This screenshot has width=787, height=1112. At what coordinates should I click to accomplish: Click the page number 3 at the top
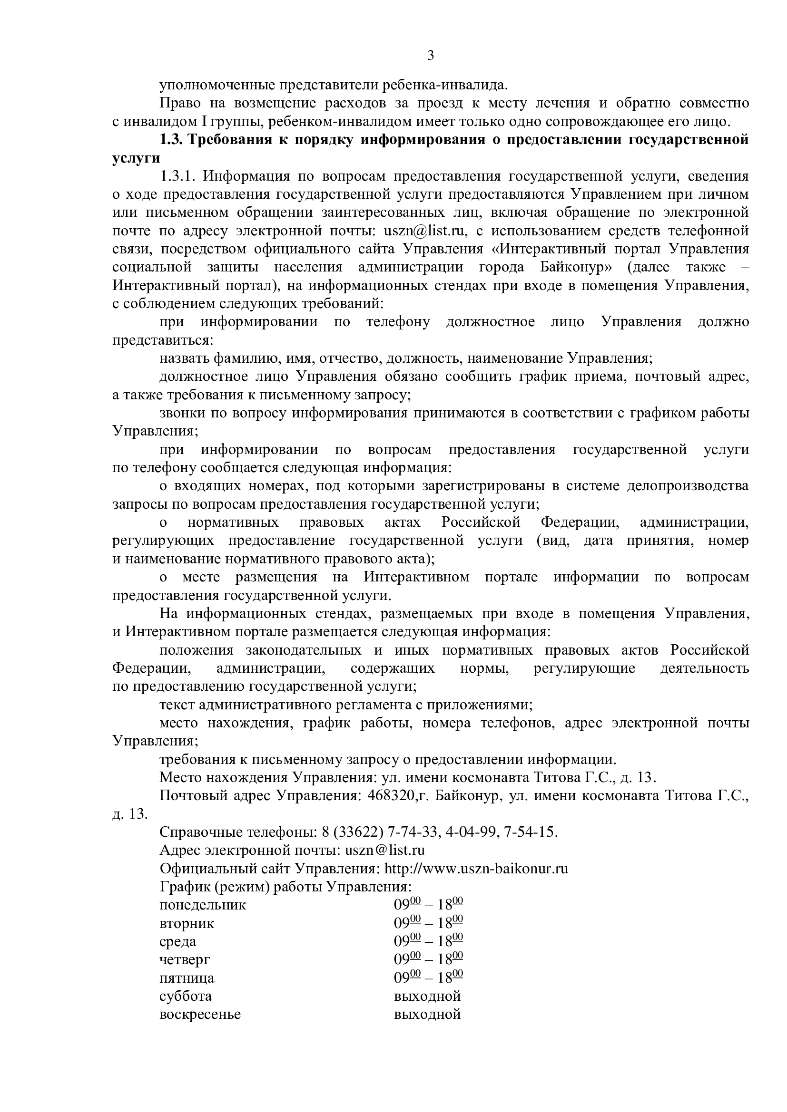coord(430,56)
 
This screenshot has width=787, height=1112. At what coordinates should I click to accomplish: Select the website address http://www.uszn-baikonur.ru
coord(476,869)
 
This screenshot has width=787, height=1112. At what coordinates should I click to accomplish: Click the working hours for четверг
coord(428,959)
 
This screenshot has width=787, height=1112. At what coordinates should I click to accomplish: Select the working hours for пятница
coord(428,978)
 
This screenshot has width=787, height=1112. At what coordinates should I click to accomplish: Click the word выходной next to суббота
coord(427,996)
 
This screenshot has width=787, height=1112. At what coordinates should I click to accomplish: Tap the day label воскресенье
coord(200,1014)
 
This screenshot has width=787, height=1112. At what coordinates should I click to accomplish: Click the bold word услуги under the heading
coord(136,158)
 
